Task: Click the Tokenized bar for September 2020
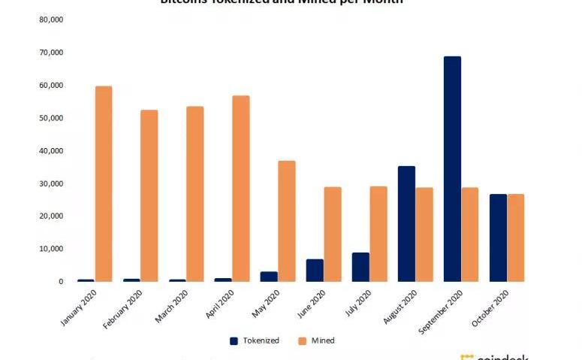click(x=452, y=169)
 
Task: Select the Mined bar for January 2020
click(x=104, y=184)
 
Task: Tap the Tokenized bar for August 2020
click(x=406, y=224)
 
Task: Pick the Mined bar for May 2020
click(x=287, y=221)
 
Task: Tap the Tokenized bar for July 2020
click(x=360, y=267)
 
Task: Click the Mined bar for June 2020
click(x=333, y=234)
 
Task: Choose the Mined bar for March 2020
click(x=195, y=194)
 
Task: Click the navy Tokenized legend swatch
click(x=234, y=340)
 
